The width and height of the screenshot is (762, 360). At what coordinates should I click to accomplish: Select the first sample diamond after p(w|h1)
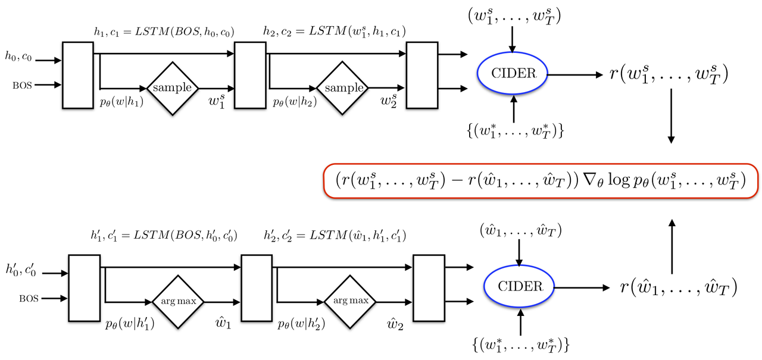(173, 87)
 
